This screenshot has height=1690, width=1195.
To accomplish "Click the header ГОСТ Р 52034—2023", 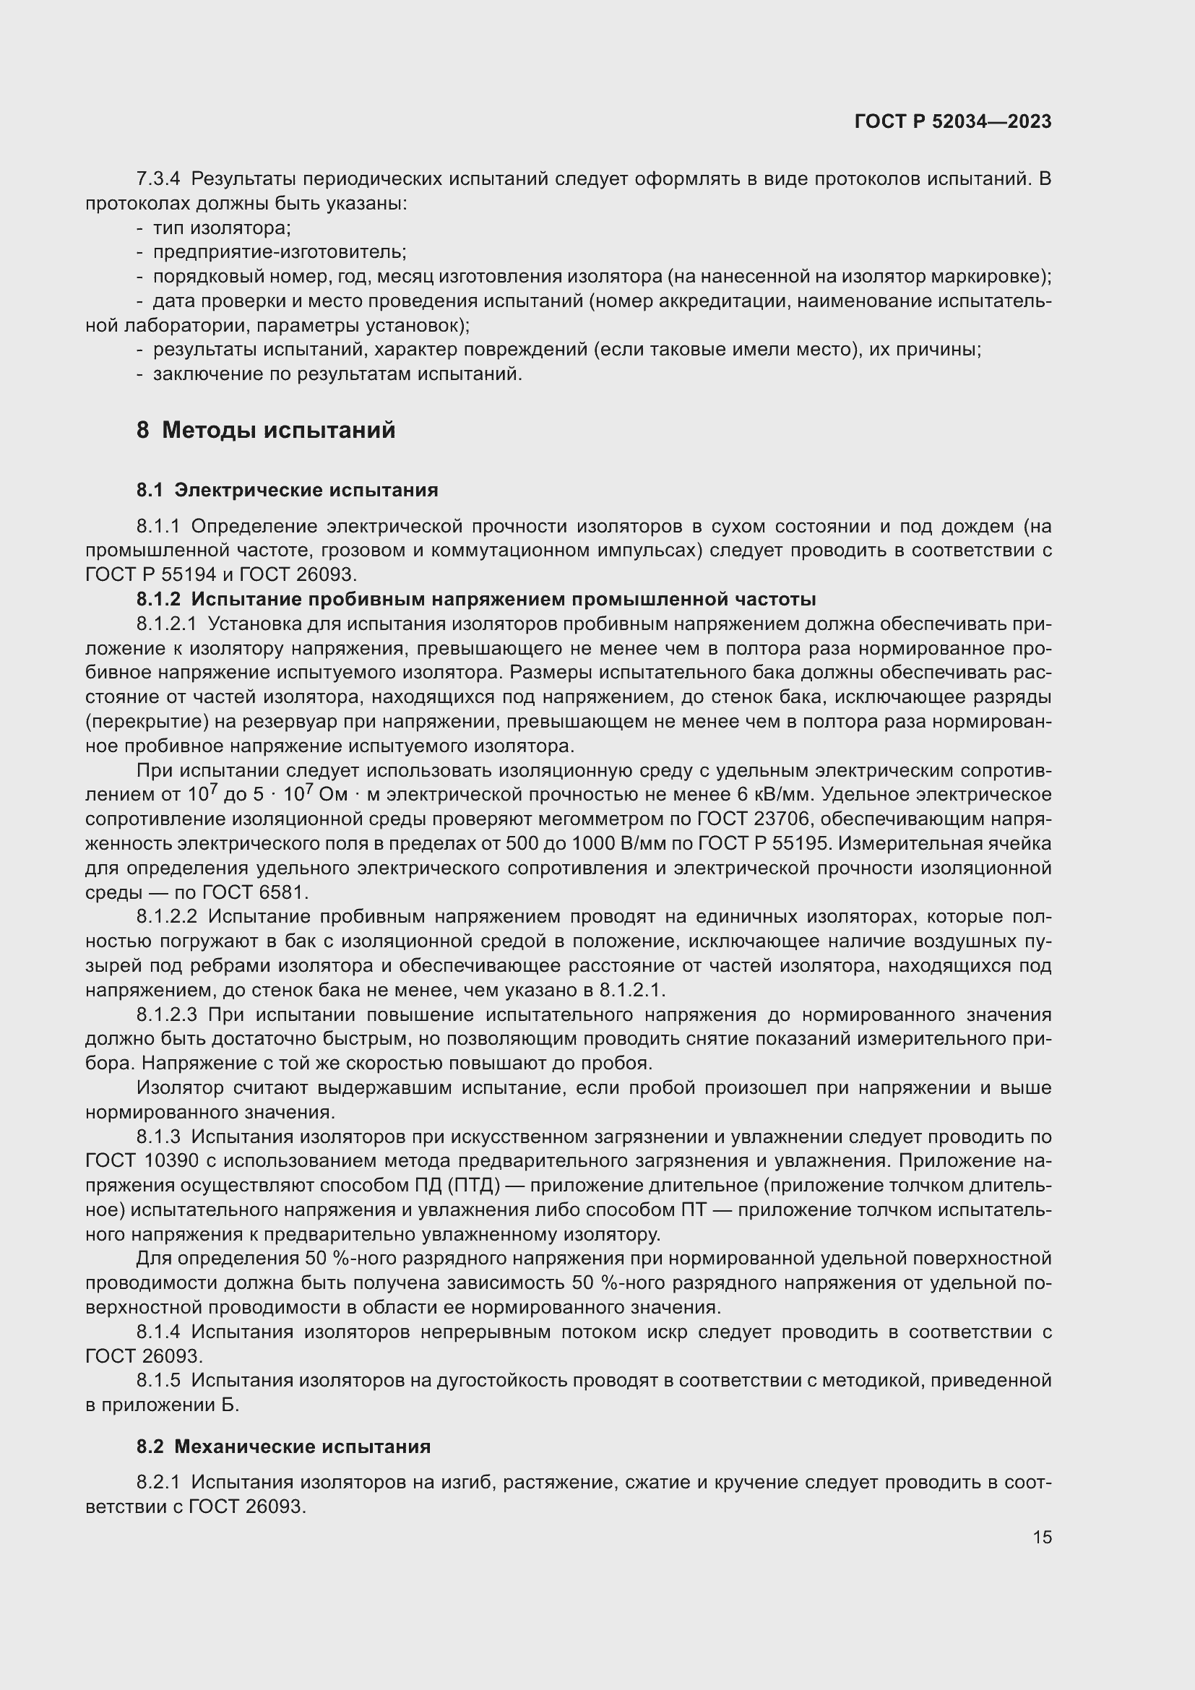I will coord(952,121).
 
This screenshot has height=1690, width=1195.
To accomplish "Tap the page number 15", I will coord(1041,1537).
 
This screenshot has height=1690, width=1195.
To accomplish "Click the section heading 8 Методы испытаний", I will coord(266,430).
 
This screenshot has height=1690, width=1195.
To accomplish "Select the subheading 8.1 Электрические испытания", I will coord(287,490).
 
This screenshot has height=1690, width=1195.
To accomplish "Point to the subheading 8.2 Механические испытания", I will coord(283,1447).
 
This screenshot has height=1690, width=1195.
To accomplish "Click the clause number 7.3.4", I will coord(158,179).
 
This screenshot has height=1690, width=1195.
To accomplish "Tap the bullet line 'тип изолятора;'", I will coord(222,228).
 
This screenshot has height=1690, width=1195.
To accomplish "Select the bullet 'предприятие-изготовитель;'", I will coord(279,252).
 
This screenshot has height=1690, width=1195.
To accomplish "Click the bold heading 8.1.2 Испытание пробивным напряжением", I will coord(475,599).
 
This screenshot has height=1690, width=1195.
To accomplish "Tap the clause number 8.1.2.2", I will coord(166,917).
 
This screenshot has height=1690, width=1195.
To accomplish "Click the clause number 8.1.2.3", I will coord(166,1015).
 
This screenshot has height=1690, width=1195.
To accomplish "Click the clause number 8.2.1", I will coord(158,1483).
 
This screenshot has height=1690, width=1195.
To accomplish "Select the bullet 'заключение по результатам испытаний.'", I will coord(337,375).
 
